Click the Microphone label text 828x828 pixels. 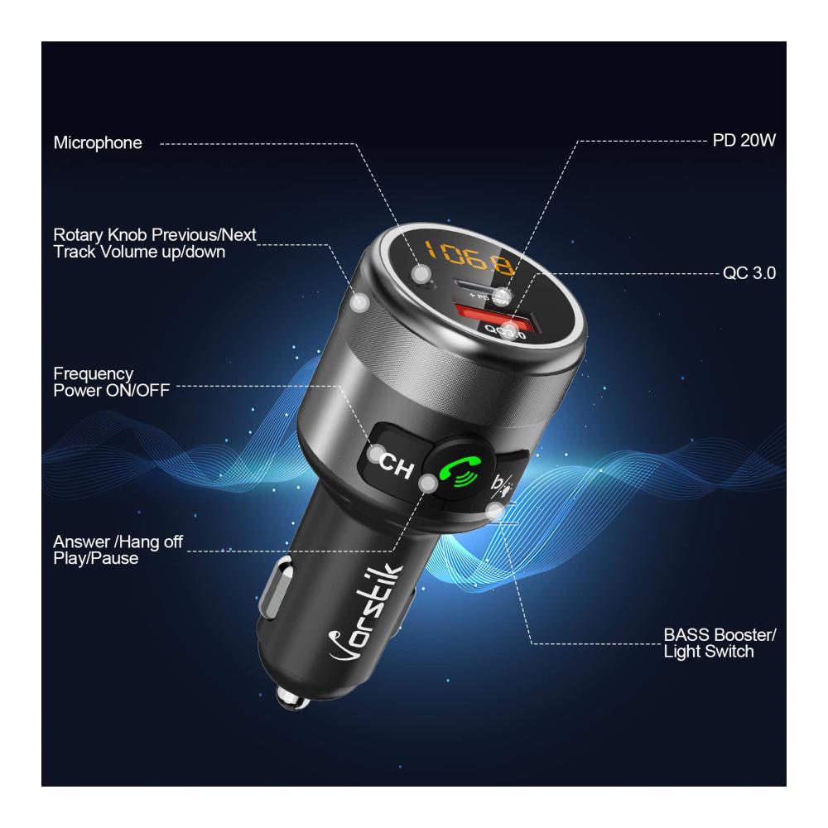98,142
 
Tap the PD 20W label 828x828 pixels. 744,141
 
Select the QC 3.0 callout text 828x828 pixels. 749,273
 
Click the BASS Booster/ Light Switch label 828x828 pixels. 720,643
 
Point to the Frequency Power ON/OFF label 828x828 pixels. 112,382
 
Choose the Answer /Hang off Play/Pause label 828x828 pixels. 118,550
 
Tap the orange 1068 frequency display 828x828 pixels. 469,258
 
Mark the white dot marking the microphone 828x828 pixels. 422,273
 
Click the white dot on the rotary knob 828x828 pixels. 360,302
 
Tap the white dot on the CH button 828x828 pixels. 377,454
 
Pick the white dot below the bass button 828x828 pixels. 495,510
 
